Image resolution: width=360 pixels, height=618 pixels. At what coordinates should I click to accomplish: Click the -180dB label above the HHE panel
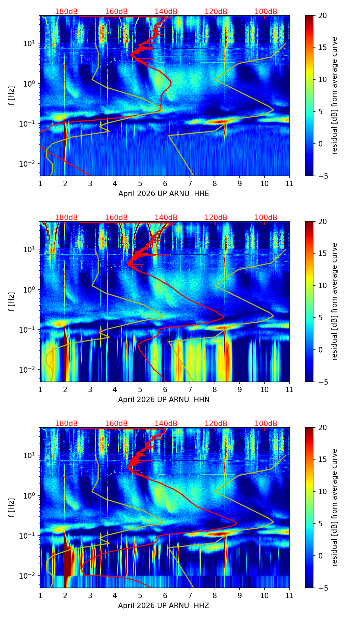point(65,12)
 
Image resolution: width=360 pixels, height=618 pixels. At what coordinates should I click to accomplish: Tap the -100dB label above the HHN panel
point(265,218)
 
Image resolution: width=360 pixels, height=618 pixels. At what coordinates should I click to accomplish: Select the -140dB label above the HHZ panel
point(165,424)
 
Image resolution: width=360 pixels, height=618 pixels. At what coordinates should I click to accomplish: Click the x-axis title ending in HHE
point(164,194)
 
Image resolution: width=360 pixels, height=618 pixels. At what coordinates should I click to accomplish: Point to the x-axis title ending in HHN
point(164,400)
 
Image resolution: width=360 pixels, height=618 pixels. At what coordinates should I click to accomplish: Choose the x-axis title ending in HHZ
point(164,606)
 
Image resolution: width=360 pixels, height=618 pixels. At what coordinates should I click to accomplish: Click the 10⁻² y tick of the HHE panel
point(28,164)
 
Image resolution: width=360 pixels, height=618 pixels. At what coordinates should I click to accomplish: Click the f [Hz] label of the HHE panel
point(12,96)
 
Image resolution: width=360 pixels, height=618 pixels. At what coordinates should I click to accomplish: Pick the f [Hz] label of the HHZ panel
point(12,508)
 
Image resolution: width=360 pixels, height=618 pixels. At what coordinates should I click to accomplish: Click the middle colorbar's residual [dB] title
point(335,301)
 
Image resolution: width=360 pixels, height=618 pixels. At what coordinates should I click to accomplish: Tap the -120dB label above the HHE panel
point(215,12)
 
